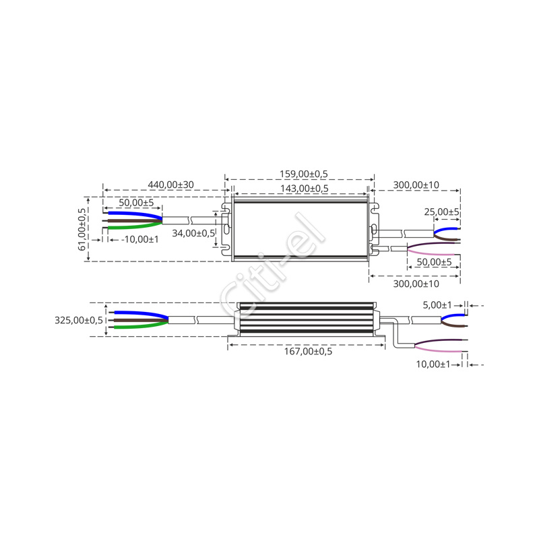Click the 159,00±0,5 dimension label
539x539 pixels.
[304, 174]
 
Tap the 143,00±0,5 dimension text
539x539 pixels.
[305, 189]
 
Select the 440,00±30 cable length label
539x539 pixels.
[171, 185]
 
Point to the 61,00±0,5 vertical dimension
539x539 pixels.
[82, 229]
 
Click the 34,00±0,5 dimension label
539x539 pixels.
[193, 233]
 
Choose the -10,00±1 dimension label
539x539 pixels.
[140, 239]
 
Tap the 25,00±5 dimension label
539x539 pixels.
[442, 212]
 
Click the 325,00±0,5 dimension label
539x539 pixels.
[79, 321]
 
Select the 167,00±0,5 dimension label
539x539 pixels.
[308, 351]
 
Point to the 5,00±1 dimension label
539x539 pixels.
[437, 305]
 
